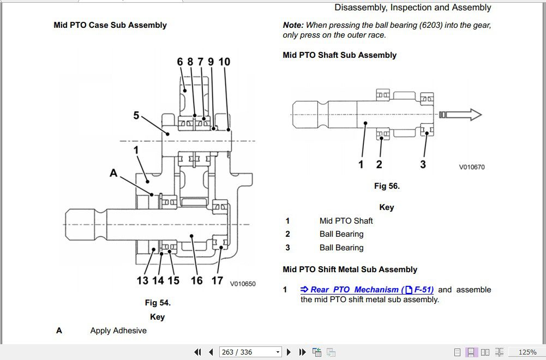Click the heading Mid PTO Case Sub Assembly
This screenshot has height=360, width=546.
110,25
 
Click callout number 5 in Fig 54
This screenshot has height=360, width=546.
136,116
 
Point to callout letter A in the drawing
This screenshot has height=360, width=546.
113,173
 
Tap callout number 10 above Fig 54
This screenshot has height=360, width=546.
224,62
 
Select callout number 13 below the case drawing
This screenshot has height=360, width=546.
142,280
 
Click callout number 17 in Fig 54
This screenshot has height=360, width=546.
217,280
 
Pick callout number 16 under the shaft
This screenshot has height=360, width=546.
196,280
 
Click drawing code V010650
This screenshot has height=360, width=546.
242,284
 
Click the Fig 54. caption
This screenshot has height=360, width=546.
158,303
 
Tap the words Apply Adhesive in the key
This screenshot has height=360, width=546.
118,331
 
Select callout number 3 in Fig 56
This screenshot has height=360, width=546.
423,164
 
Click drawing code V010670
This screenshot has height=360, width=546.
471,167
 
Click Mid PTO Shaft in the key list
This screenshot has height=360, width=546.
346,221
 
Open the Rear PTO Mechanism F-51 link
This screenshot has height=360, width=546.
367,290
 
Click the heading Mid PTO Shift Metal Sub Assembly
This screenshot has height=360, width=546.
350,269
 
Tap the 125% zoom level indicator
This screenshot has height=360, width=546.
527,352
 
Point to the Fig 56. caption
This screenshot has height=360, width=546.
387,186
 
